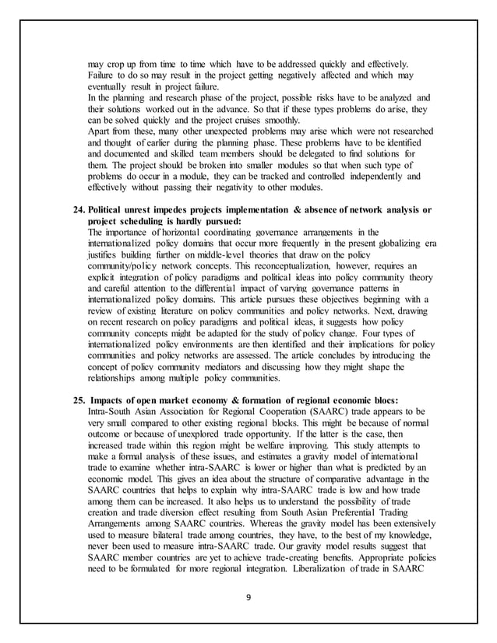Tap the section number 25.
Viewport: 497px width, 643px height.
coord(78,399)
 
